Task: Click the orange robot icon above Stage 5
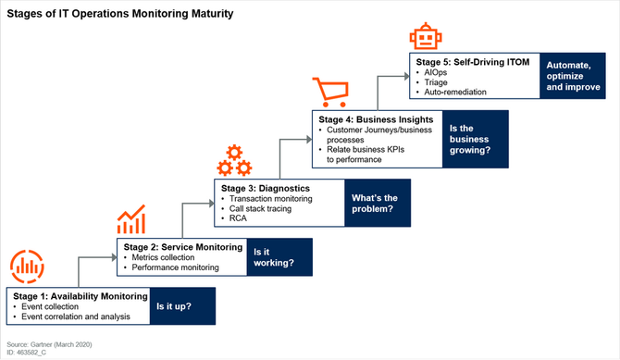coord(426,36)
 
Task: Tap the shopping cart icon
coord(331,93)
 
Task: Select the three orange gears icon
coord(234,161)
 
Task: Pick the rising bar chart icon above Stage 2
coord(131,219)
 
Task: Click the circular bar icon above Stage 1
coord(27,267)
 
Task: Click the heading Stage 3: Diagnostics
coord(266,188)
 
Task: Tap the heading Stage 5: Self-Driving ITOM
coord(473,62)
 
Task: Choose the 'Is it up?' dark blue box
coord(182,306)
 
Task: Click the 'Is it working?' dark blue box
coord(279,257)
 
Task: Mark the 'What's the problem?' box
coord(378,203)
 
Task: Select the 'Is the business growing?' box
coord(476,139)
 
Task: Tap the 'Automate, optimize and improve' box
coord(573,76)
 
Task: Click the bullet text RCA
coord(238,218)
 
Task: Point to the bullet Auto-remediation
coord(455,93)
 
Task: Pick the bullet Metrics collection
coord(163,257)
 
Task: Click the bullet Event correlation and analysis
coord(76,317)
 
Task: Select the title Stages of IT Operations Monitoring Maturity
coord(120,14)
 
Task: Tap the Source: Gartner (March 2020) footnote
coord(49,344)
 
